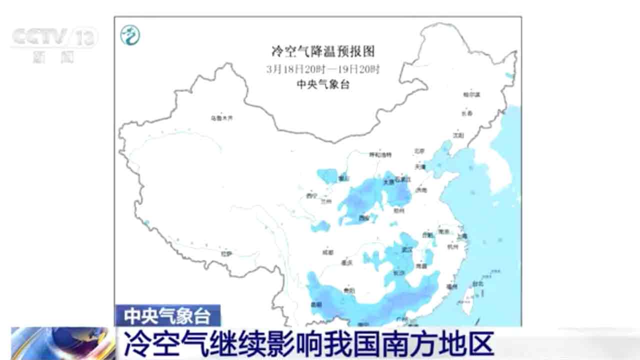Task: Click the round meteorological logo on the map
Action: coord(130,35)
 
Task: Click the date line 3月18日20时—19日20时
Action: coord(323,68)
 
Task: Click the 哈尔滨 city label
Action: coord(471,94)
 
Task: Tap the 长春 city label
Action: coord(467,114)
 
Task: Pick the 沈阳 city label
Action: coord(458,135)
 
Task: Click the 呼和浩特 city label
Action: coord(380,154)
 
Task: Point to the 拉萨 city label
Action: coord(226,253)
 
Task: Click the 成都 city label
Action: coord(328,252)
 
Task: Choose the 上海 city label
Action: coord(461,236)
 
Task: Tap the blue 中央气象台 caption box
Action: coord(167,315)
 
